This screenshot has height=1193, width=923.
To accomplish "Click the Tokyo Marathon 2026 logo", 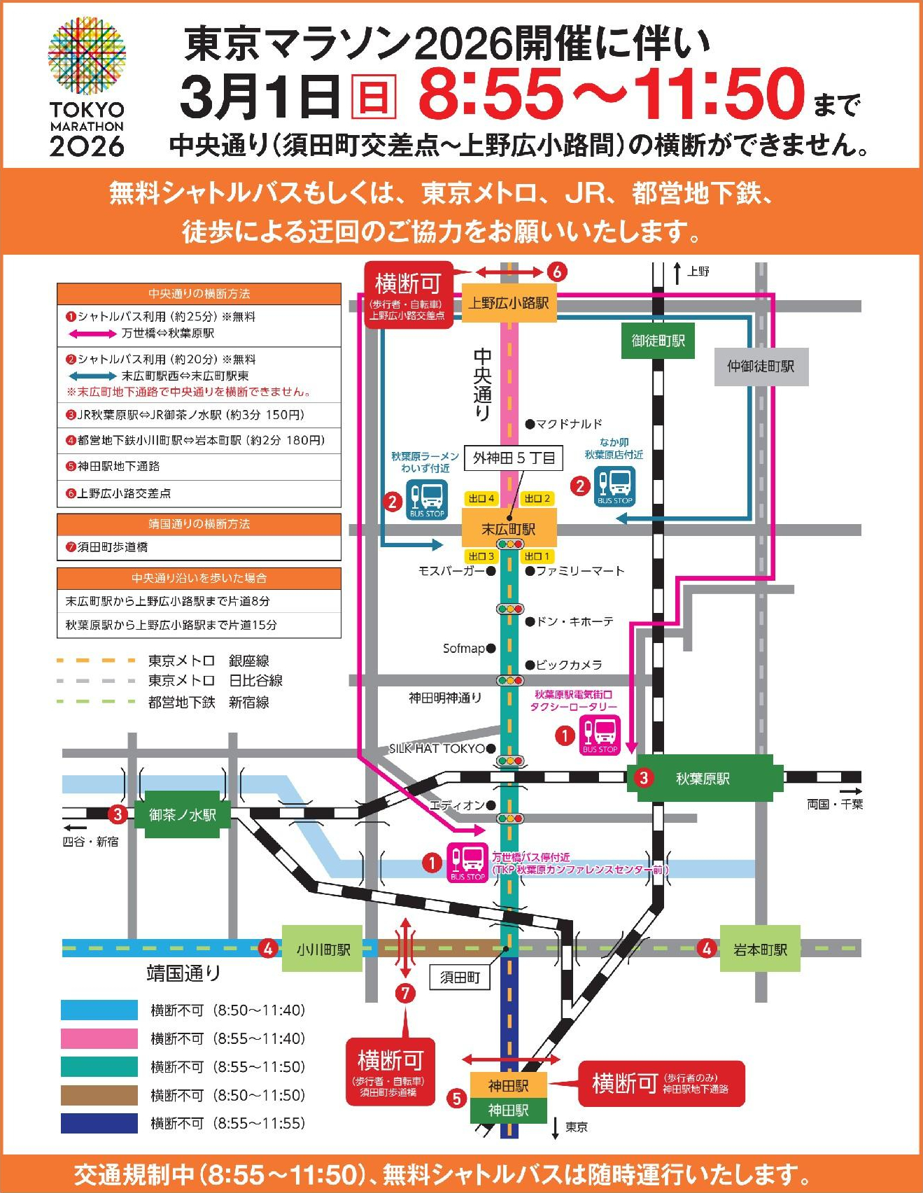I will click(87, 87).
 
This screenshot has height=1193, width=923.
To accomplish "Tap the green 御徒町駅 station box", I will click(658, 341).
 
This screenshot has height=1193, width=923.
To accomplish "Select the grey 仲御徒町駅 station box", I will click(761, 367).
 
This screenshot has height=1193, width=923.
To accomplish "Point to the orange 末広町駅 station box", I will click(509, 530).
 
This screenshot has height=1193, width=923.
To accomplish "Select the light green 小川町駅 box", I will click(323, 950).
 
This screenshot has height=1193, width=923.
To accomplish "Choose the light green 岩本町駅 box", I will click(760, 950).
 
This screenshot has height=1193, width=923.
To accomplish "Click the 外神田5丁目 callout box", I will click(514, 458).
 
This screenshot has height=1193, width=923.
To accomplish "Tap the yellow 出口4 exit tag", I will click(481, 498).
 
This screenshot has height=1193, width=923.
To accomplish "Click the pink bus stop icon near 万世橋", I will click(467, 861).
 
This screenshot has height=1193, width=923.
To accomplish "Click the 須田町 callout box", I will click(460, 977).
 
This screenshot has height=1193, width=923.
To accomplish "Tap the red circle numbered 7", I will click(405, 993).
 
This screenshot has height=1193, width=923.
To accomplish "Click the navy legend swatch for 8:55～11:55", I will click(99, 1123).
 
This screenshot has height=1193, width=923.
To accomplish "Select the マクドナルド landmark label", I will click(568, 424).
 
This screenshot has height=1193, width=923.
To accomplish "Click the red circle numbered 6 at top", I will click(556, 271).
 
